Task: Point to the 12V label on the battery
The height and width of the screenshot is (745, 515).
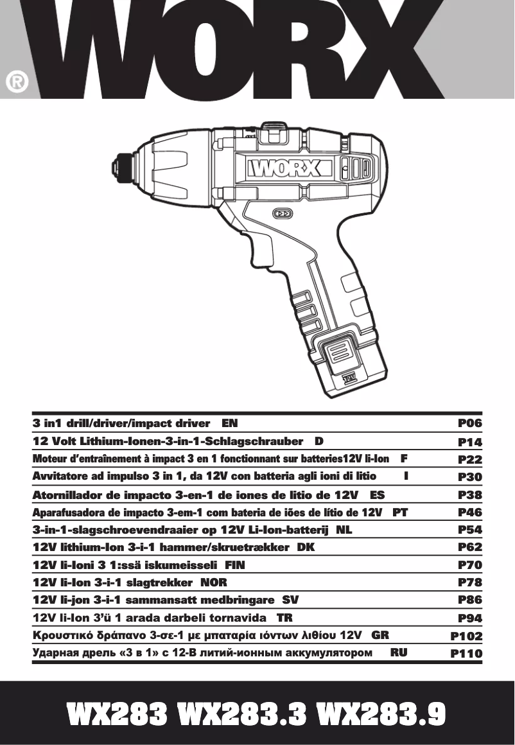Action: click(x=349, y=377)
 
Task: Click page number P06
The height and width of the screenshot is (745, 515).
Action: click(x=469, y=424)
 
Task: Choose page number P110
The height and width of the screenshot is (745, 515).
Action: click(x=466, y=654)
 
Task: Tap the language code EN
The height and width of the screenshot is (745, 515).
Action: click(x=229, y=424)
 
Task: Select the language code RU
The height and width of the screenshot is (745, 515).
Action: click(x=399, y=653)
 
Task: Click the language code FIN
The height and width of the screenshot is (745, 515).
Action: click(x=234, y=565)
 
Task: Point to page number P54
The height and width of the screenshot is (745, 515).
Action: click(x=469, y=530)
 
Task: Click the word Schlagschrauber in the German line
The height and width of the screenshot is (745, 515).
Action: click(x=261, y=442)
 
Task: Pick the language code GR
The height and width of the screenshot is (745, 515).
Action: click(x=381, y=635)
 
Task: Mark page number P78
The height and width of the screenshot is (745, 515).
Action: click(x=469, y=583)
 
